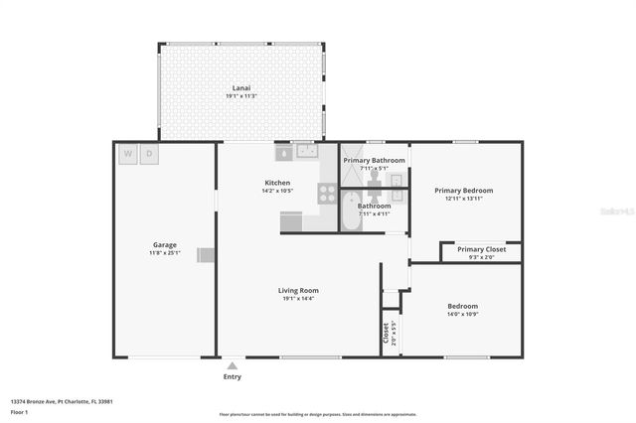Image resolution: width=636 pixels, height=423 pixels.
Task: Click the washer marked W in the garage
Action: click(128, 154)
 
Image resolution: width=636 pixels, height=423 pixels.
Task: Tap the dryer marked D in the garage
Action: click(150, 154)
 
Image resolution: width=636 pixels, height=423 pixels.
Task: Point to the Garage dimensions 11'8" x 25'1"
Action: click(164, 252)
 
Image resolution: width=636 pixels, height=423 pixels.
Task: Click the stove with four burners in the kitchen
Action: click(327, 193)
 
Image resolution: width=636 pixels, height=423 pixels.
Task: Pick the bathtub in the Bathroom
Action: click(350, 211)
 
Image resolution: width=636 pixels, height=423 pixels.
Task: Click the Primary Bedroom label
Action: click(463, 190)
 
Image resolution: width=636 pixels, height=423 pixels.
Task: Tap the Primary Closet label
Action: click(481, 249)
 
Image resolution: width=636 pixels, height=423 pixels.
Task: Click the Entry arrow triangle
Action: click(232, 365)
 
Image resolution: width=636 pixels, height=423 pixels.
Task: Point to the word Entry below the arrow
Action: click(232, 376)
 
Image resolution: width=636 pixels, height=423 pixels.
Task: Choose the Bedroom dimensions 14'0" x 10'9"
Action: click(462, 314)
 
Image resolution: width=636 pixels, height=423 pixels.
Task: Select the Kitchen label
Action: click(277, 182)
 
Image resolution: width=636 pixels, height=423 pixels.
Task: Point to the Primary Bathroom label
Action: click(374, 160)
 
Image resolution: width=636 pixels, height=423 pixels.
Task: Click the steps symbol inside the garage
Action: click(206, 254)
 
